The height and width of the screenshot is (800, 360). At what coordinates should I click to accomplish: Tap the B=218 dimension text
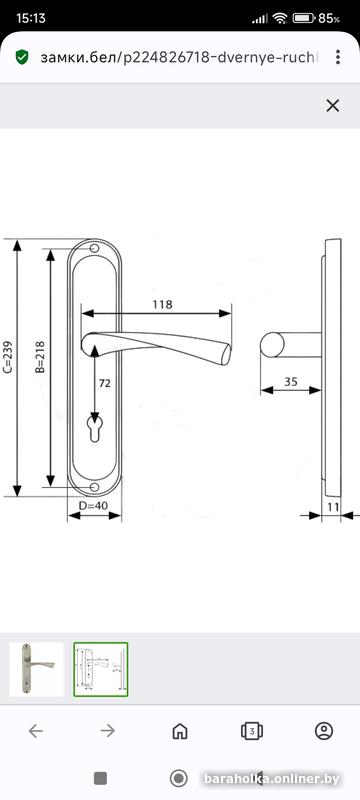pos(40,357)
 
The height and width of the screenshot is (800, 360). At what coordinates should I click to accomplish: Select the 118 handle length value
pos(163,305)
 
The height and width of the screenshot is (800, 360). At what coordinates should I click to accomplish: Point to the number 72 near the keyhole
pos(105,383)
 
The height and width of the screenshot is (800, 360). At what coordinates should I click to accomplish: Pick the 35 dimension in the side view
pos(291,382)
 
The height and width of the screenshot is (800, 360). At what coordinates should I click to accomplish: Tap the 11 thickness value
pos(333,507)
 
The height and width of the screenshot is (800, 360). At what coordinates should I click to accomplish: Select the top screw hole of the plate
pos(94,248)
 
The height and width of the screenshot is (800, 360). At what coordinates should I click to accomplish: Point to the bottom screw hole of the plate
pos(94,488)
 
